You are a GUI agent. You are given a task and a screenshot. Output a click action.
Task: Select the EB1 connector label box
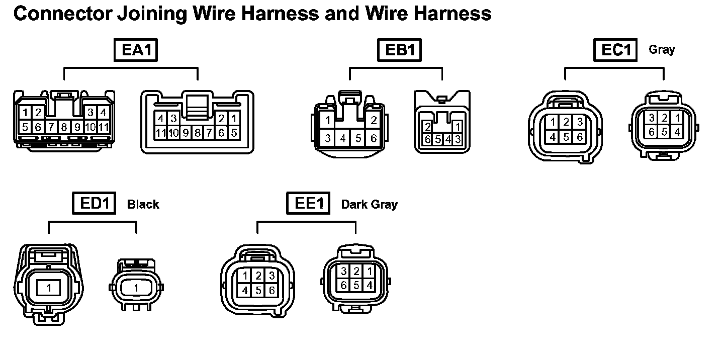tap(400, 50)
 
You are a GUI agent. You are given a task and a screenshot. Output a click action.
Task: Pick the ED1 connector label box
tap(95, 204)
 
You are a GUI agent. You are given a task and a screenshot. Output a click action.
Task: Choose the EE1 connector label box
tap(308, 204)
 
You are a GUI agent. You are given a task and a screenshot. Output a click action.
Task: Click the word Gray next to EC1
tap(662, 50)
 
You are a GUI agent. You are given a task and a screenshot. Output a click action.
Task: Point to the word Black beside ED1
tap(143, 204)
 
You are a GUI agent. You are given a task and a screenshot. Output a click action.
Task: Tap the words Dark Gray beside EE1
tap(369, 204)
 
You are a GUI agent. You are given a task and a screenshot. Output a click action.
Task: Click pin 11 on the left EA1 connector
tap(104, 127)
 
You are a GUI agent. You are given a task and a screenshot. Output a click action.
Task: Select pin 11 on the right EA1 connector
tap(160, 133)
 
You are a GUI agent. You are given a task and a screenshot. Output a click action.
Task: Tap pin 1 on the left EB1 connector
tap(327, 120)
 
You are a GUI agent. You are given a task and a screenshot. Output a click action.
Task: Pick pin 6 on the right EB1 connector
tap(427, 139)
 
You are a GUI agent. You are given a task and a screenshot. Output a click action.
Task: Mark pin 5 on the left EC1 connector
tap(566, 136)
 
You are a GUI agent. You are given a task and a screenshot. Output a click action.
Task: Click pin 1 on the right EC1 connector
tap(677, 118)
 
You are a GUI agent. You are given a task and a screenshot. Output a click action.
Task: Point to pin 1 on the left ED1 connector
tap(49, 288)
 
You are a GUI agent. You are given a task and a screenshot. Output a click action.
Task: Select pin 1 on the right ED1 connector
tap(136, 288)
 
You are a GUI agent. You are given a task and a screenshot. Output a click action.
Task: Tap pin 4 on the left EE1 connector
tap(245, 290)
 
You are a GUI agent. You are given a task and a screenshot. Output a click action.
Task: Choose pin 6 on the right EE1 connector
tap(344, 285)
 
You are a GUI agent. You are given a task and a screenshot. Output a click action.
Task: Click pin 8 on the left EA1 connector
tap(64, 127)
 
